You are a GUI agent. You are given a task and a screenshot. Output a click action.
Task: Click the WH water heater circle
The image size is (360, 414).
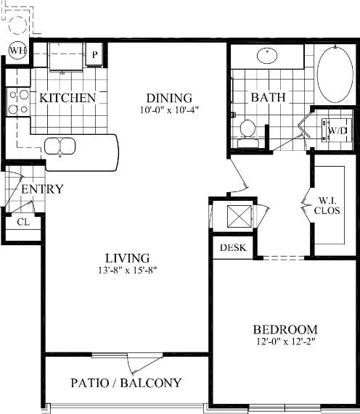[x=17, y=50]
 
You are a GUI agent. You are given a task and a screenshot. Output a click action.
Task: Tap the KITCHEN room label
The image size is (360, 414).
[x=68, y=98]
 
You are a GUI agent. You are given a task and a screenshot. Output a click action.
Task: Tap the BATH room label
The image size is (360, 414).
[x=268, y=98]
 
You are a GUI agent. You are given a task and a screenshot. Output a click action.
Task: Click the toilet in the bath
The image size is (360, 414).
[x=247, y=130]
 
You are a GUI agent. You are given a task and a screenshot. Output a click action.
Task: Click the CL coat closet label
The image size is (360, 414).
[x=22, y=223]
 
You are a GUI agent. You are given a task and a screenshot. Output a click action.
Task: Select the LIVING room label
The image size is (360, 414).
[x=126, y=258]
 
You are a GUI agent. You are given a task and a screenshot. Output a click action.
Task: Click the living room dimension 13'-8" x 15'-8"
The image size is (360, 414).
[x=126, y=271]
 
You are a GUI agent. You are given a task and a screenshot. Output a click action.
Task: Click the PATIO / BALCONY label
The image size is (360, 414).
[x=126, y=382]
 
